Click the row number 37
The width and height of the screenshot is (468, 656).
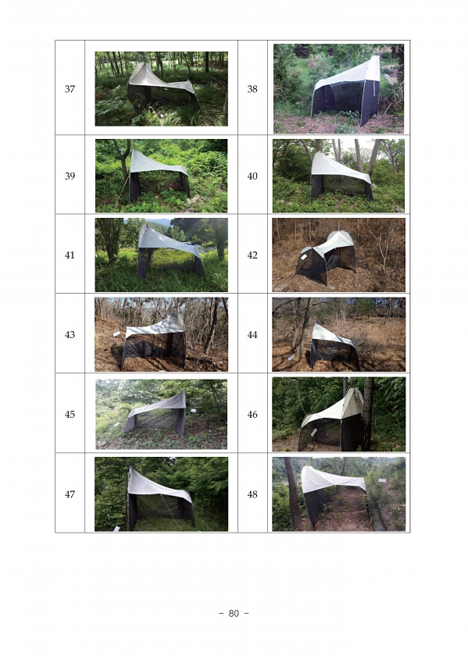(70, 89)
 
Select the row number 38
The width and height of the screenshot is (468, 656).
(252, 89)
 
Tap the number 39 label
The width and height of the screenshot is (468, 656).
(70, 176)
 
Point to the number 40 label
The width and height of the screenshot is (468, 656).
(252, 176)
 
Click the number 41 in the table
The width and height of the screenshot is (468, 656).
(70, 255)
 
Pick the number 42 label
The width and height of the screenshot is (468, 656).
(252, 255)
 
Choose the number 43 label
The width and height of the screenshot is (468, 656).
(70, 334)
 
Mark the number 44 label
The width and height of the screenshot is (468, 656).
(252, 334)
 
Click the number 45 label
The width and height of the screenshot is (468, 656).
(70, 414)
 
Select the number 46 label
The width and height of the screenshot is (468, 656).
(252, 414)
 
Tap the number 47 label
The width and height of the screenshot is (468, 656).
(70, 494)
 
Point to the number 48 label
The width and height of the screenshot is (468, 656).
(252, 494)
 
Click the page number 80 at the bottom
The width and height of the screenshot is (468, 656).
(234, 613)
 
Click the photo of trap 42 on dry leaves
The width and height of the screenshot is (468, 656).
(338, 255)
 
